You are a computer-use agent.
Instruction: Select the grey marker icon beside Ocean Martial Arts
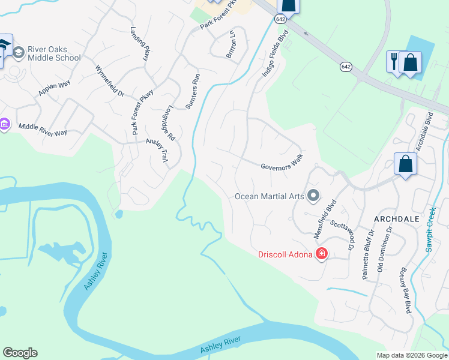pyautogui.click(x=313, y=196)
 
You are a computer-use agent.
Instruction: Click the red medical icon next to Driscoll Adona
pyautogui.click(x=322, y=254)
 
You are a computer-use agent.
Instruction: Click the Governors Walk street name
pyautogui.click(x=282, y=163)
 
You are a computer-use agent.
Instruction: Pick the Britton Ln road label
pyautogui.click(x=231, y=44)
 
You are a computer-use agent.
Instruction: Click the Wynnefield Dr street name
pyautogui.click(x=109, y=81)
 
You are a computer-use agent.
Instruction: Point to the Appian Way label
pyautogui.click(x=55, y=85)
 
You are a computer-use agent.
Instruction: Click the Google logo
pyautogui.click(x=20, y=353)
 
